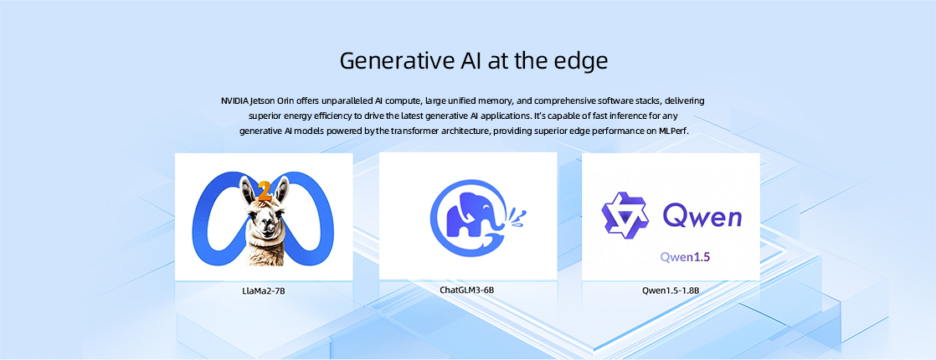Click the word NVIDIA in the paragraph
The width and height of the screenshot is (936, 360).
coord(234,100)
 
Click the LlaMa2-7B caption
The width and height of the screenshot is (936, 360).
coord(263,291)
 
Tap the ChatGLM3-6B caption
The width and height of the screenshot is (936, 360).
coord(467,291)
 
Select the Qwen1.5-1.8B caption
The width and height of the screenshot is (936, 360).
coord(671,291)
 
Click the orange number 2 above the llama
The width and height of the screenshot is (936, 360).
coord(265,193)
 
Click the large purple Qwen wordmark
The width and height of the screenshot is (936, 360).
coord(702,215)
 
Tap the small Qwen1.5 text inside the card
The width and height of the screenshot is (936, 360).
coord(685,257)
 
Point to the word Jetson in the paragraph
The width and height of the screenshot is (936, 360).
coord(263,100)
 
